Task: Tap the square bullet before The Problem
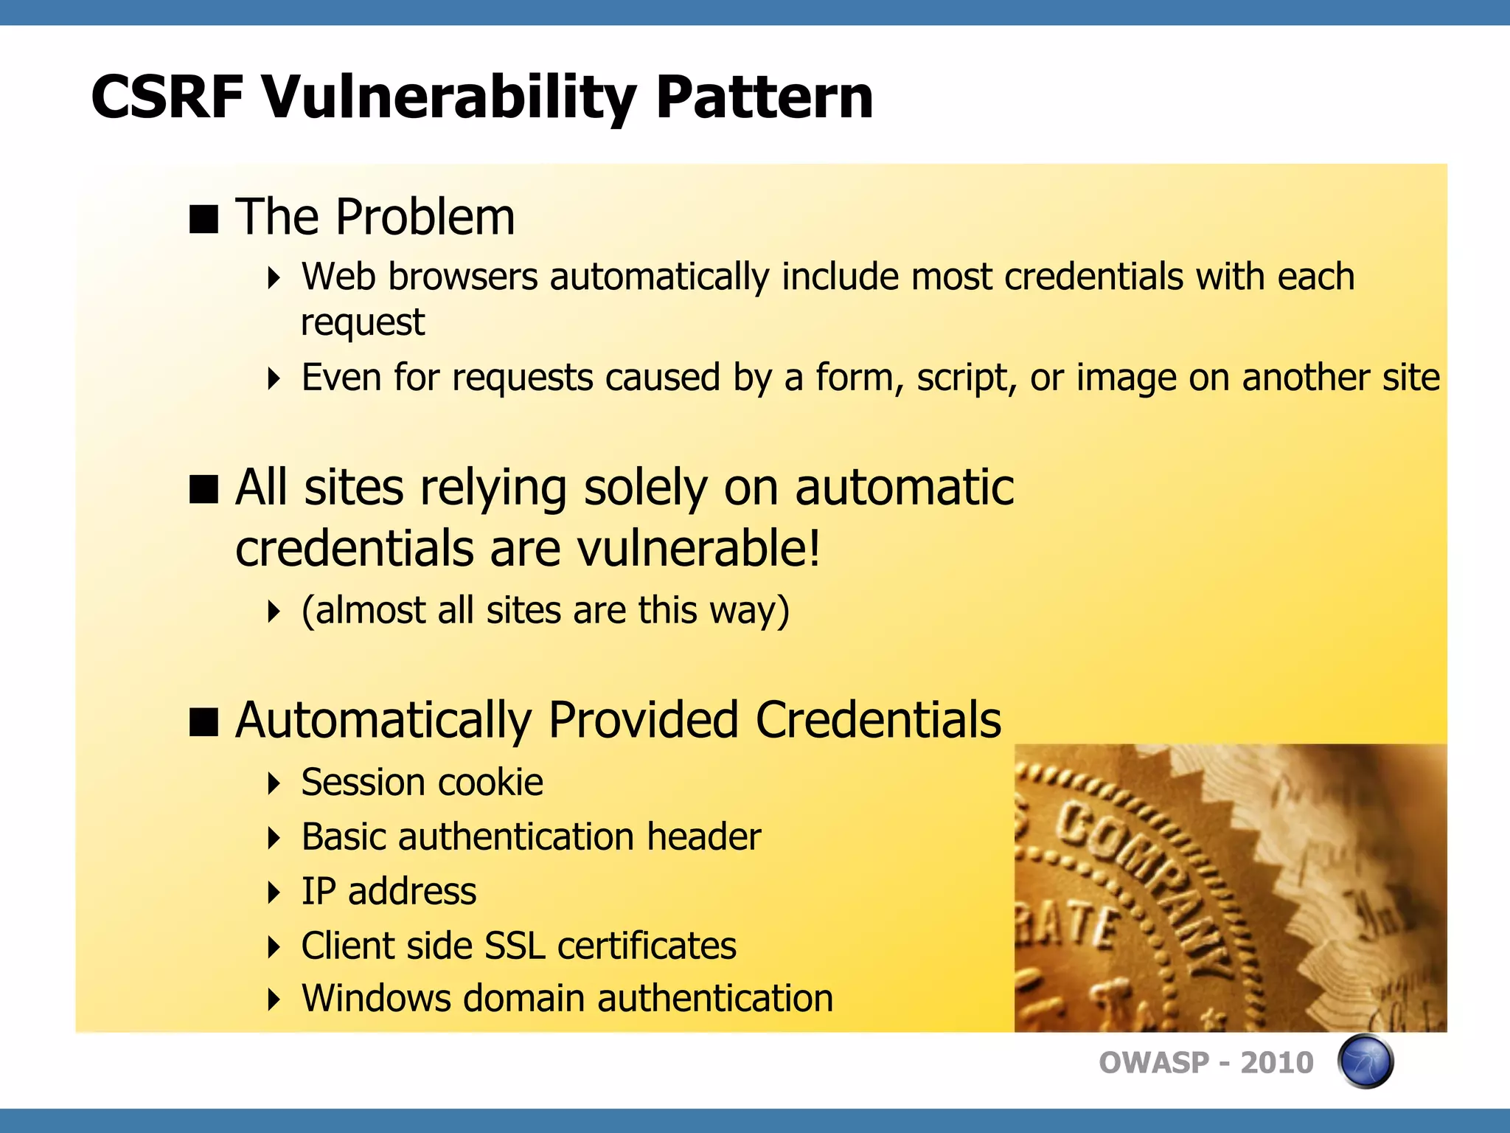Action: tap(203, 219)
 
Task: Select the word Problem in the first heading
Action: tap(425, 218)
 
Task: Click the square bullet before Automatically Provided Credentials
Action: tap(203, 722)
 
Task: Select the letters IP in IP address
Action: tap(319, 892)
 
